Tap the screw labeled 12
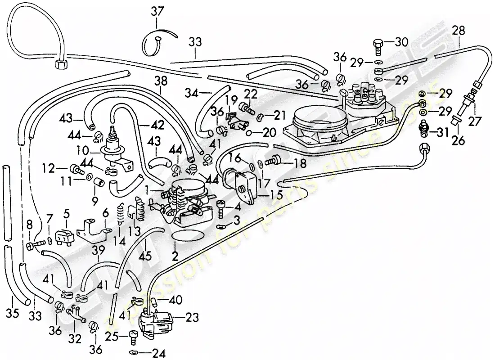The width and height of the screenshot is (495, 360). click(x=76, y=170)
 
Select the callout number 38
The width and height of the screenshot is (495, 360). click(x=161, y=81)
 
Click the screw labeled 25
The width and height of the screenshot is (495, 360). click(x=132, y=336)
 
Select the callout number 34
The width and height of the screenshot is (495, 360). click(x=191, y=94)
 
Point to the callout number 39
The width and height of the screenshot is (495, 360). click(x=99, y=250)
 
